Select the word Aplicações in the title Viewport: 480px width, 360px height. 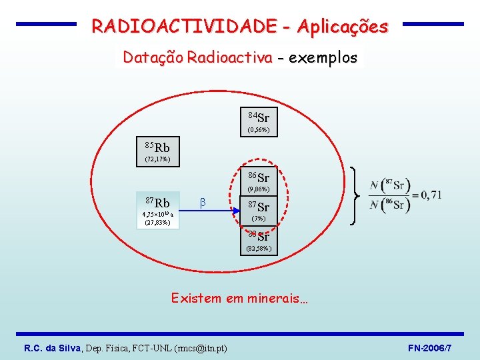click(343, 27)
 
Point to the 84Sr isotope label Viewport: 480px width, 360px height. click(259, 118)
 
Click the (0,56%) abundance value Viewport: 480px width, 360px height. click(259, 131)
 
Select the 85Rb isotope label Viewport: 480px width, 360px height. click(157, 147)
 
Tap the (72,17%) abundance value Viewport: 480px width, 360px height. click(157, 159)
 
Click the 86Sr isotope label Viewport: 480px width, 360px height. click(259, 177)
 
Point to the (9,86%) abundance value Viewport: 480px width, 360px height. click(259, 190)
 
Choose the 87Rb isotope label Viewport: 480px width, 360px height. click(157, 202)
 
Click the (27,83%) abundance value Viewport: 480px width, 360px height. click(157, 223)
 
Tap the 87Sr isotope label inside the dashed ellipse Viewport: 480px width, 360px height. click(259, 207)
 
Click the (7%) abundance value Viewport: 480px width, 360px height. click(259, 219)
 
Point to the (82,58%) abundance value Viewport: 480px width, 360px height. click(259, 249)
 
